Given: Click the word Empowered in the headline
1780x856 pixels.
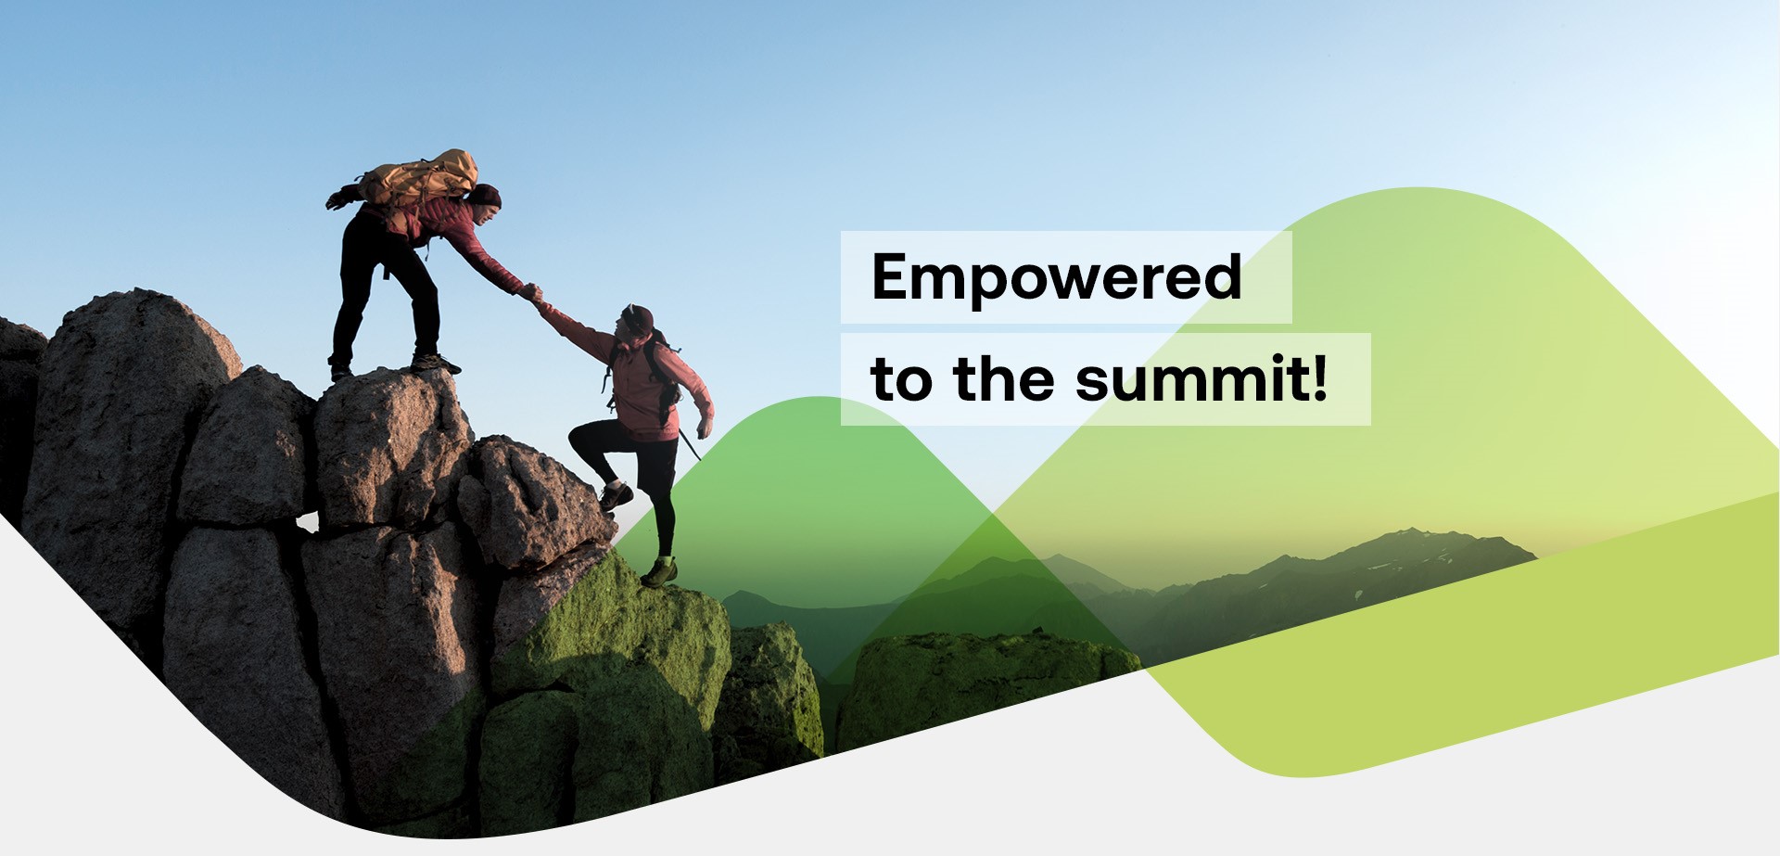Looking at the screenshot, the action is [1056, 277].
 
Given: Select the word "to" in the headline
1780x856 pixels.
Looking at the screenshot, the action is [900, 381].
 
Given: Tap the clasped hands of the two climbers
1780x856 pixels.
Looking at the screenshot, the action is [533, 296].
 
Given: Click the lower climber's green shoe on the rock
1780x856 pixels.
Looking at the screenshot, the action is [659, 572].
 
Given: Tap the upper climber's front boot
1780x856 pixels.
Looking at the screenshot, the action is [435, 363].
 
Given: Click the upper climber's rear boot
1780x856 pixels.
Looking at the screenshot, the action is [339, 370].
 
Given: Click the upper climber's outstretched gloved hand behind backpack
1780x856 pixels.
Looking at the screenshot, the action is [340, 198].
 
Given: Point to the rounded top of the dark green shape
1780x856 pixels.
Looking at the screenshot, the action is [820, 401].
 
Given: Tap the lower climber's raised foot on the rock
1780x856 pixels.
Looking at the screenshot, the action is [615, 496].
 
